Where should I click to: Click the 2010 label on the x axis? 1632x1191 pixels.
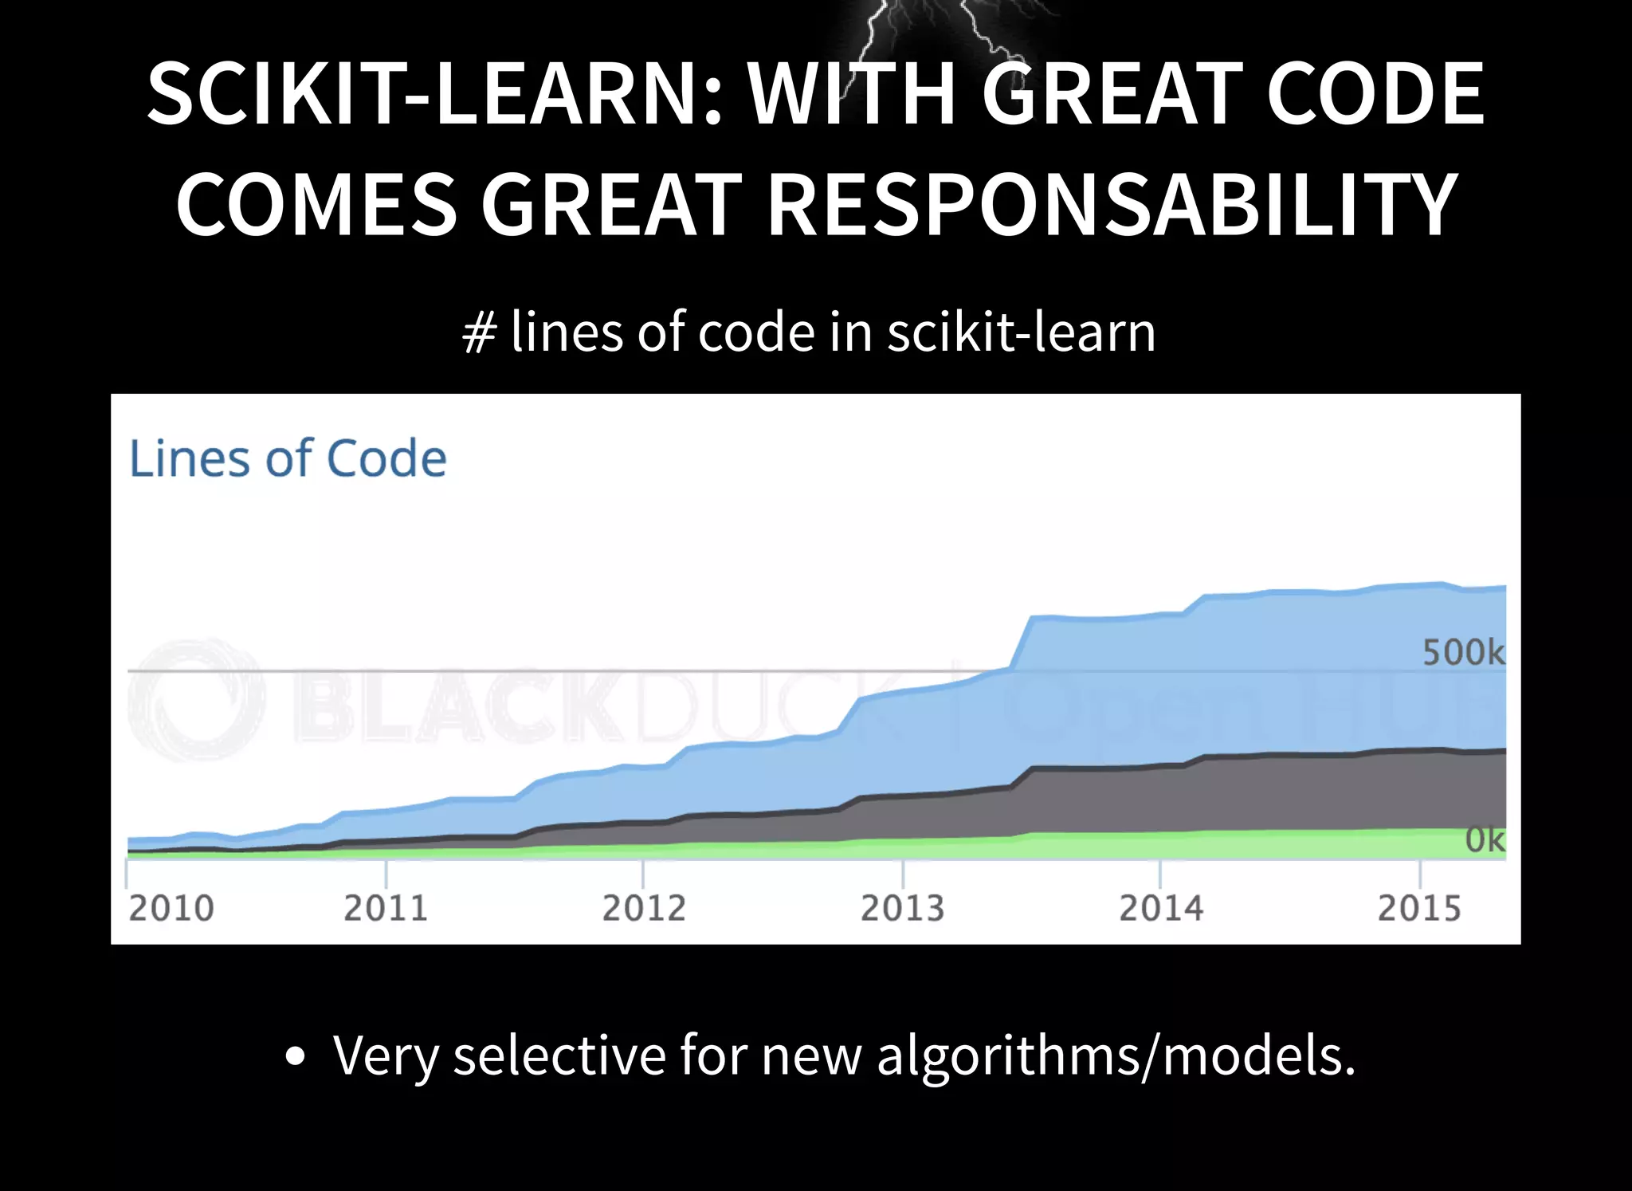click(171, 908)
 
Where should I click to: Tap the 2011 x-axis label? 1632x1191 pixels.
click(386, 908)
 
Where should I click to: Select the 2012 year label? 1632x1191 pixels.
click(644, 908)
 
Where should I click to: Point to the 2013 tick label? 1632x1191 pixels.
click(902, 908)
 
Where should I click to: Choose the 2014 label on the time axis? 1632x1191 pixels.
click(1161, 908)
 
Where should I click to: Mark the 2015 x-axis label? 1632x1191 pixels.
click(1419, 908)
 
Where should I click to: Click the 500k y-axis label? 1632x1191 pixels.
click(1463, 653)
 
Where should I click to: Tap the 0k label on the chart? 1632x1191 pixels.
click(1485, 840)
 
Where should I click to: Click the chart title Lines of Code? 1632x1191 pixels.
click(288, 459)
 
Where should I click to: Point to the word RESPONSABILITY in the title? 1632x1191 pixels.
click(1112, 206)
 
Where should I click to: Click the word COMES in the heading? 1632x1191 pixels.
click(316, 206)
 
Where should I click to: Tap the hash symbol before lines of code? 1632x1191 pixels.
click(479, 333)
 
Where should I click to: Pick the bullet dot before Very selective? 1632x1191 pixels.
click(295, 1057)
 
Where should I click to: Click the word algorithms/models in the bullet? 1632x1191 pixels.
click(1116, 1055)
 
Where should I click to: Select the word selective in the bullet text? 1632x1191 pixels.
click(559, 1055)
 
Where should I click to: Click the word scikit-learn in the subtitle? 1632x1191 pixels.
click(1021, 332)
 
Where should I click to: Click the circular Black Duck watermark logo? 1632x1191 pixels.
click(196, 699)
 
